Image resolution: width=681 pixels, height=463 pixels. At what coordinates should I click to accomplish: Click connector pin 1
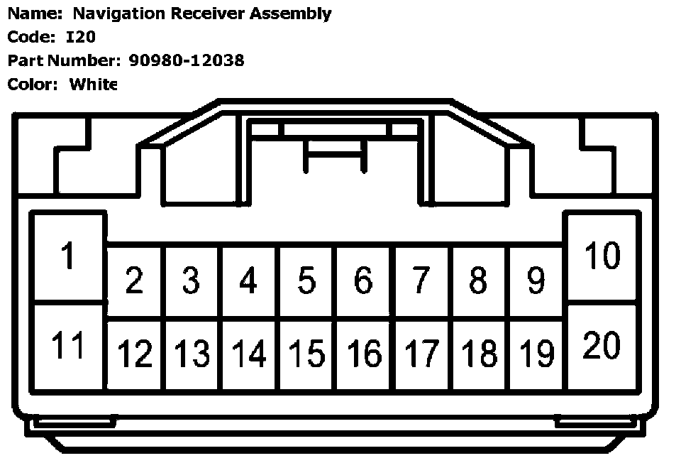[x=68, y=256]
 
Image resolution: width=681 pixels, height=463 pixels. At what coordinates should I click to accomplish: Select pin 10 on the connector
[x=602, y=256]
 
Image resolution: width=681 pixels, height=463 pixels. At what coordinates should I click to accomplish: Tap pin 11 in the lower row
[x=68, y=346]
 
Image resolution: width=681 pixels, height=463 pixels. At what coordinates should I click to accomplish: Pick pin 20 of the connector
[x=602, y=346]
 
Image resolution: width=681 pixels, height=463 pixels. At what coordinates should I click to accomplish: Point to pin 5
[x=306, y=280]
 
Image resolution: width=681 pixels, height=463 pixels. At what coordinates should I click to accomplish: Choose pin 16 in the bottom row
[x=364, y=353]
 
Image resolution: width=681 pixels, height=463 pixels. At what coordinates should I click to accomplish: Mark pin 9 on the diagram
[x=536, y=280]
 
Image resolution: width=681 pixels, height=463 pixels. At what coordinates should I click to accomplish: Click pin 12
[x=134, y=353]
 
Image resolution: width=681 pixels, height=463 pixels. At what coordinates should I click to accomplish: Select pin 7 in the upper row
[x=421, y=280]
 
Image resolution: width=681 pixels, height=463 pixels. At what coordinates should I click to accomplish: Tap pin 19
[x=536, y=353]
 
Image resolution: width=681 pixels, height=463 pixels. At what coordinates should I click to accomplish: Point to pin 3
[x=191, y=280]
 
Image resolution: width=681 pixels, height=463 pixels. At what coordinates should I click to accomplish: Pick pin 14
[x=249, y=353]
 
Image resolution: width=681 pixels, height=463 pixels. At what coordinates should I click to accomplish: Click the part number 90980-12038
[x=187, y=60]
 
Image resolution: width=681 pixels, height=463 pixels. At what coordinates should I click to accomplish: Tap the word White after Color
[x=93, y=84]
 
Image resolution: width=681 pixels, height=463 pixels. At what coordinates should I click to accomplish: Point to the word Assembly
[x=290, y=13]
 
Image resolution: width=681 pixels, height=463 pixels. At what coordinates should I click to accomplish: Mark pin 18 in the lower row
[x=479, y=353]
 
